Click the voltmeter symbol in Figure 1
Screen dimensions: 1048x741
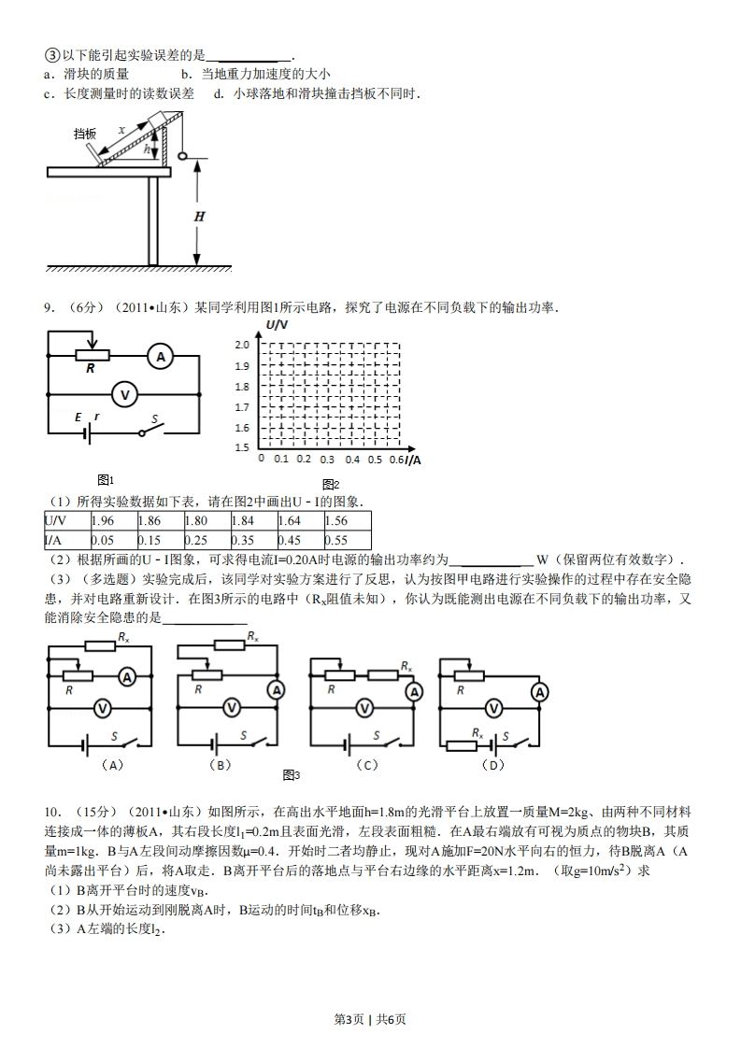123,395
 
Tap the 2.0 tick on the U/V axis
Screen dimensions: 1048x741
242,346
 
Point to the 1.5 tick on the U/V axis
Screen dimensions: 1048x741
242,447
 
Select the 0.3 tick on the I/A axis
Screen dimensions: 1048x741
327,460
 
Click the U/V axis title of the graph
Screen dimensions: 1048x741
278,324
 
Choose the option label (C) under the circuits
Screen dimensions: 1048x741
366,765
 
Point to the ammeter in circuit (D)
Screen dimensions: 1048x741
538,692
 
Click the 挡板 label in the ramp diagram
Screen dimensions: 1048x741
85,135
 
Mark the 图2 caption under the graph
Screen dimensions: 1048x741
331,484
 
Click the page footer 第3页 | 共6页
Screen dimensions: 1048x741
370,1018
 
